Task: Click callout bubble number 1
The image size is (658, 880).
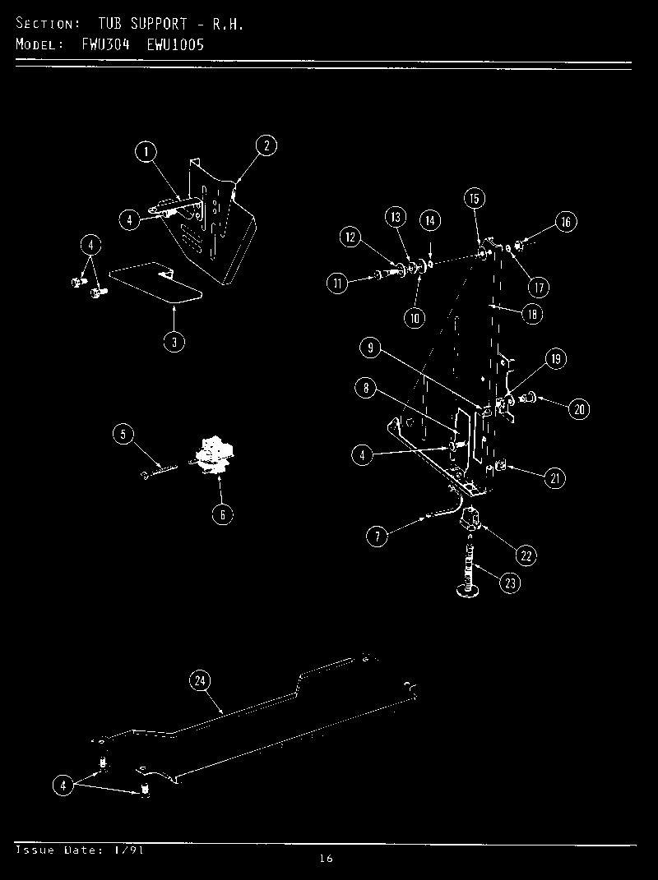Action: coord(146,152)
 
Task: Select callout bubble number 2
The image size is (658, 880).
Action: coord(266,146)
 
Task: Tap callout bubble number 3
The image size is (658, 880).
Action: coord(174,343)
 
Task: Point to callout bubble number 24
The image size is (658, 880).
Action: coord(199,680)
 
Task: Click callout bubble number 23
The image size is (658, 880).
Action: coord(510,583)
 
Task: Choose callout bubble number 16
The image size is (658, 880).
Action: coord(565,222)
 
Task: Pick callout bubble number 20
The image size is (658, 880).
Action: coord(580,409)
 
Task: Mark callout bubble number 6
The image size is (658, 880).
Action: coord(221,515)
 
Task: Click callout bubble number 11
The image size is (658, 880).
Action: coord(336,284)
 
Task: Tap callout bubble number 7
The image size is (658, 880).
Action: coord(376,537)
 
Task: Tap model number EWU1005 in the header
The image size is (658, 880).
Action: coord(176,44)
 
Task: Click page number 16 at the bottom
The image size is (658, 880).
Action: coord(326,859)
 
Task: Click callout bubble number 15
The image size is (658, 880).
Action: coord(474,198)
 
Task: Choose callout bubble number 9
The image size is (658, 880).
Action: coord(371,348)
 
